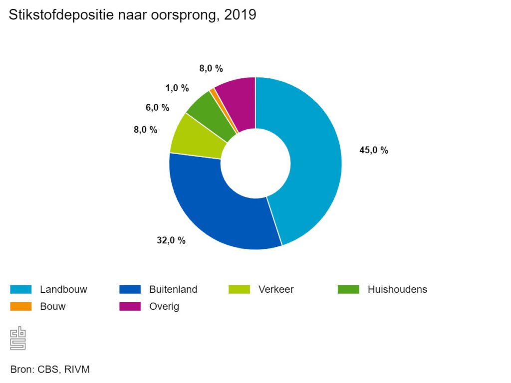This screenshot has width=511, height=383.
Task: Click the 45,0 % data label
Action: [374, 150]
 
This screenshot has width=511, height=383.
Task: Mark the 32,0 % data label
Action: [171, 240]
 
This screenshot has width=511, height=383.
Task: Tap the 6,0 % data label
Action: [158, 107]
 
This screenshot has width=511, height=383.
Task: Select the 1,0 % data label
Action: [177, 88]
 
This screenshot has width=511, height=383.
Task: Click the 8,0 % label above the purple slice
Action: [211, 69]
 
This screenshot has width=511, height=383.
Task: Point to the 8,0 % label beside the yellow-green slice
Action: [145, 130]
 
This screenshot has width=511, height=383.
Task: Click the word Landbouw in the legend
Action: [63, 289]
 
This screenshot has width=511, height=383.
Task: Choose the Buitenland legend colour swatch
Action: [130, 289]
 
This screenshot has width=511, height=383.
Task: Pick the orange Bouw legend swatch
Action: [21, 306]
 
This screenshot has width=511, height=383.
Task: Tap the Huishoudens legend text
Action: [397, 289]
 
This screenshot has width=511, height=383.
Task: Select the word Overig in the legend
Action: [164, 306]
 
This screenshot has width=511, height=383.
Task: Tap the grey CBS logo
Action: [18, 338]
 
